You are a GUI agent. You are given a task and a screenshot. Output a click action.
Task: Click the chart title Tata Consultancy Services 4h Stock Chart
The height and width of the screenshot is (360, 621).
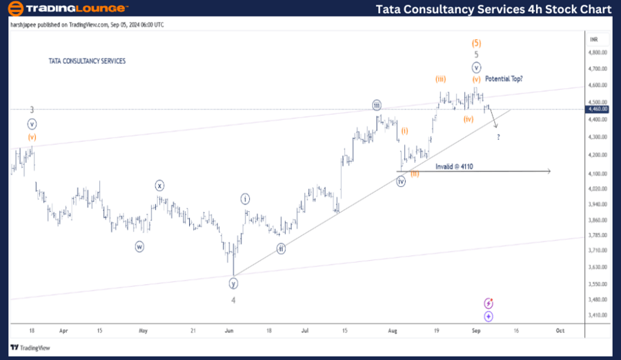[x=493, y=9]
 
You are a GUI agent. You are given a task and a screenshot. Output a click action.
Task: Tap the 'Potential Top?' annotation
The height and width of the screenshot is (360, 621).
[x=504, y=79]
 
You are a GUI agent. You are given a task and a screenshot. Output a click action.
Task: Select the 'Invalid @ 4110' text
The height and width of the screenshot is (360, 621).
[x=454, y=166]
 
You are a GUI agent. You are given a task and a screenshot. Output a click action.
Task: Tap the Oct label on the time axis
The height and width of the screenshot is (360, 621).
[x=560, y=330]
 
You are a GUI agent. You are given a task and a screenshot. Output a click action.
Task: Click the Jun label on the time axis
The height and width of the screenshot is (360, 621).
[x=230, y=330]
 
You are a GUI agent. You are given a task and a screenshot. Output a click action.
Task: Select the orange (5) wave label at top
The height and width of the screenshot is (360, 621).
[x=476, y=42]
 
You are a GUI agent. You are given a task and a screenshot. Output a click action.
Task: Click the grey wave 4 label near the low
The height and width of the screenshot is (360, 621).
[x=233, y=300]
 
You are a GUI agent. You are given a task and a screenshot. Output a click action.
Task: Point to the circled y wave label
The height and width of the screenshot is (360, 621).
[x=234, y=283]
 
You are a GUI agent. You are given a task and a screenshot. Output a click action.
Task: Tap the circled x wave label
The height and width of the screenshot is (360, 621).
[x=159, y=185]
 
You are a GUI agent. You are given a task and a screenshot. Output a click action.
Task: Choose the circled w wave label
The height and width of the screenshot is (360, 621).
[x=139, y=246]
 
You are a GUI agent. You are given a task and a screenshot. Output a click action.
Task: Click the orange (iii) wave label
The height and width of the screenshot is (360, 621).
[x=440, y=79]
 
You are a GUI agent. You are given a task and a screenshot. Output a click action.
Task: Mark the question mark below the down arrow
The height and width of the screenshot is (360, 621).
[x=498, y=137]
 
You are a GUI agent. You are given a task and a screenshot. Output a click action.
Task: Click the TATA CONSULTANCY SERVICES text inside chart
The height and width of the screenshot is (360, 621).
[x=87, y=61]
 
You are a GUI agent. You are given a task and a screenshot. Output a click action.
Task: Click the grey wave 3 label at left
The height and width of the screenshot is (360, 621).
[x=32, y=110]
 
